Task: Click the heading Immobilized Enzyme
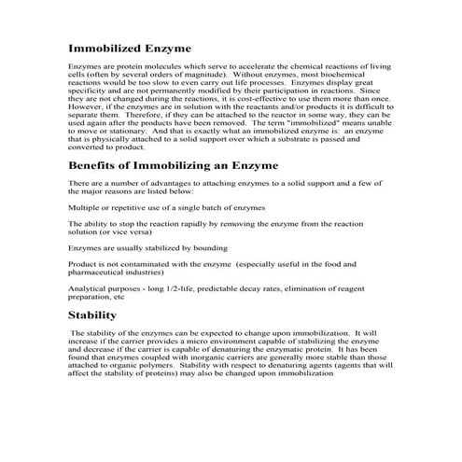coord(129,48)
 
